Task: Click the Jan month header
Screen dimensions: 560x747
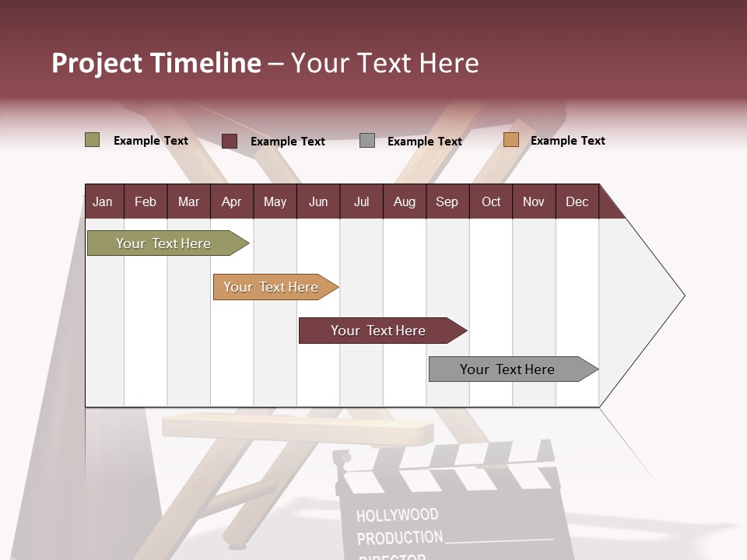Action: pyautogui.click(x=103, y=201)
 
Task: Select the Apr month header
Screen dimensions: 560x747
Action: pyautogui.click(x=231, y=201)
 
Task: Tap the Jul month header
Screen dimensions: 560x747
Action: pyautogui.click(x=361, y=201)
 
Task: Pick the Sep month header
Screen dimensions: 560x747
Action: pyautogui.click(x=447, y=201)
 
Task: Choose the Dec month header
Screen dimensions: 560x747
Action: pyautogui.click(x=577, y=201)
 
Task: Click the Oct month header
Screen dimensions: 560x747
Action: pyautogui.click(x=491, y=201)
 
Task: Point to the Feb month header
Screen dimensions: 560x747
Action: pyautogui.click(x=146, y=201)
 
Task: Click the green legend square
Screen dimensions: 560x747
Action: pyautogui.click(x=92, y=140)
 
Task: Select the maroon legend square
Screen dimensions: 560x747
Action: pyautogui.click(x=230, y=141)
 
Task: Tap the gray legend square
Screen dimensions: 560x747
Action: pyautogui.click(x=367, y=141)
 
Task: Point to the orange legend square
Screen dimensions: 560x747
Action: pyautogui.click(x=510, y=140)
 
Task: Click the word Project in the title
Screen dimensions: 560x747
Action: pyautogui.click(x=97, y=63)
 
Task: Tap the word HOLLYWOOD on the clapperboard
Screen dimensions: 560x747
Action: pyautogui.click(x=397, y=515)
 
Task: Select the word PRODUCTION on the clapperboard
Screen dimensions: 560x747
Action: pyautogui.click(x=399, y=537)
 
